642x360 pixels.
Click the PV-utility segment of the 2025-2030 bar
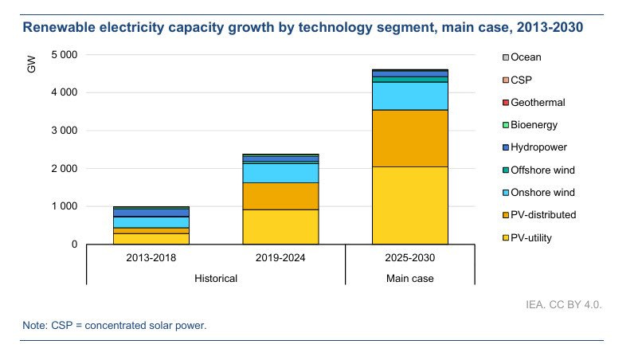coord(409,205)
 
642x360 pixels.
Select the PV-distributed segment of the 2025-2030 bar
coord(409,138)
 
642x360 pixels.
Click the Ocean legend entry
coord(526,57)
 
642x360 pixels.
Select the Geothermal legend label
coord(538,103)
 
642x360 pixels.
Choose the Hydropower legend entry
coord(538,147)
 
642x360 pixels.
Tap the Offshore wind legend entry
coord(542,170)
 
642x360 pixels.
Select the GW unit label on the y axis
coord(32,66)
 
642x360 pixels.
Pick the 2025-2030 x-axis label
coord(409,259)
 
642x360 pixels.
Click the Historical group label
coord(216,278)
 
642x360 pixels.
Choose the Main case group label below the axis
coord(409,278)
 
